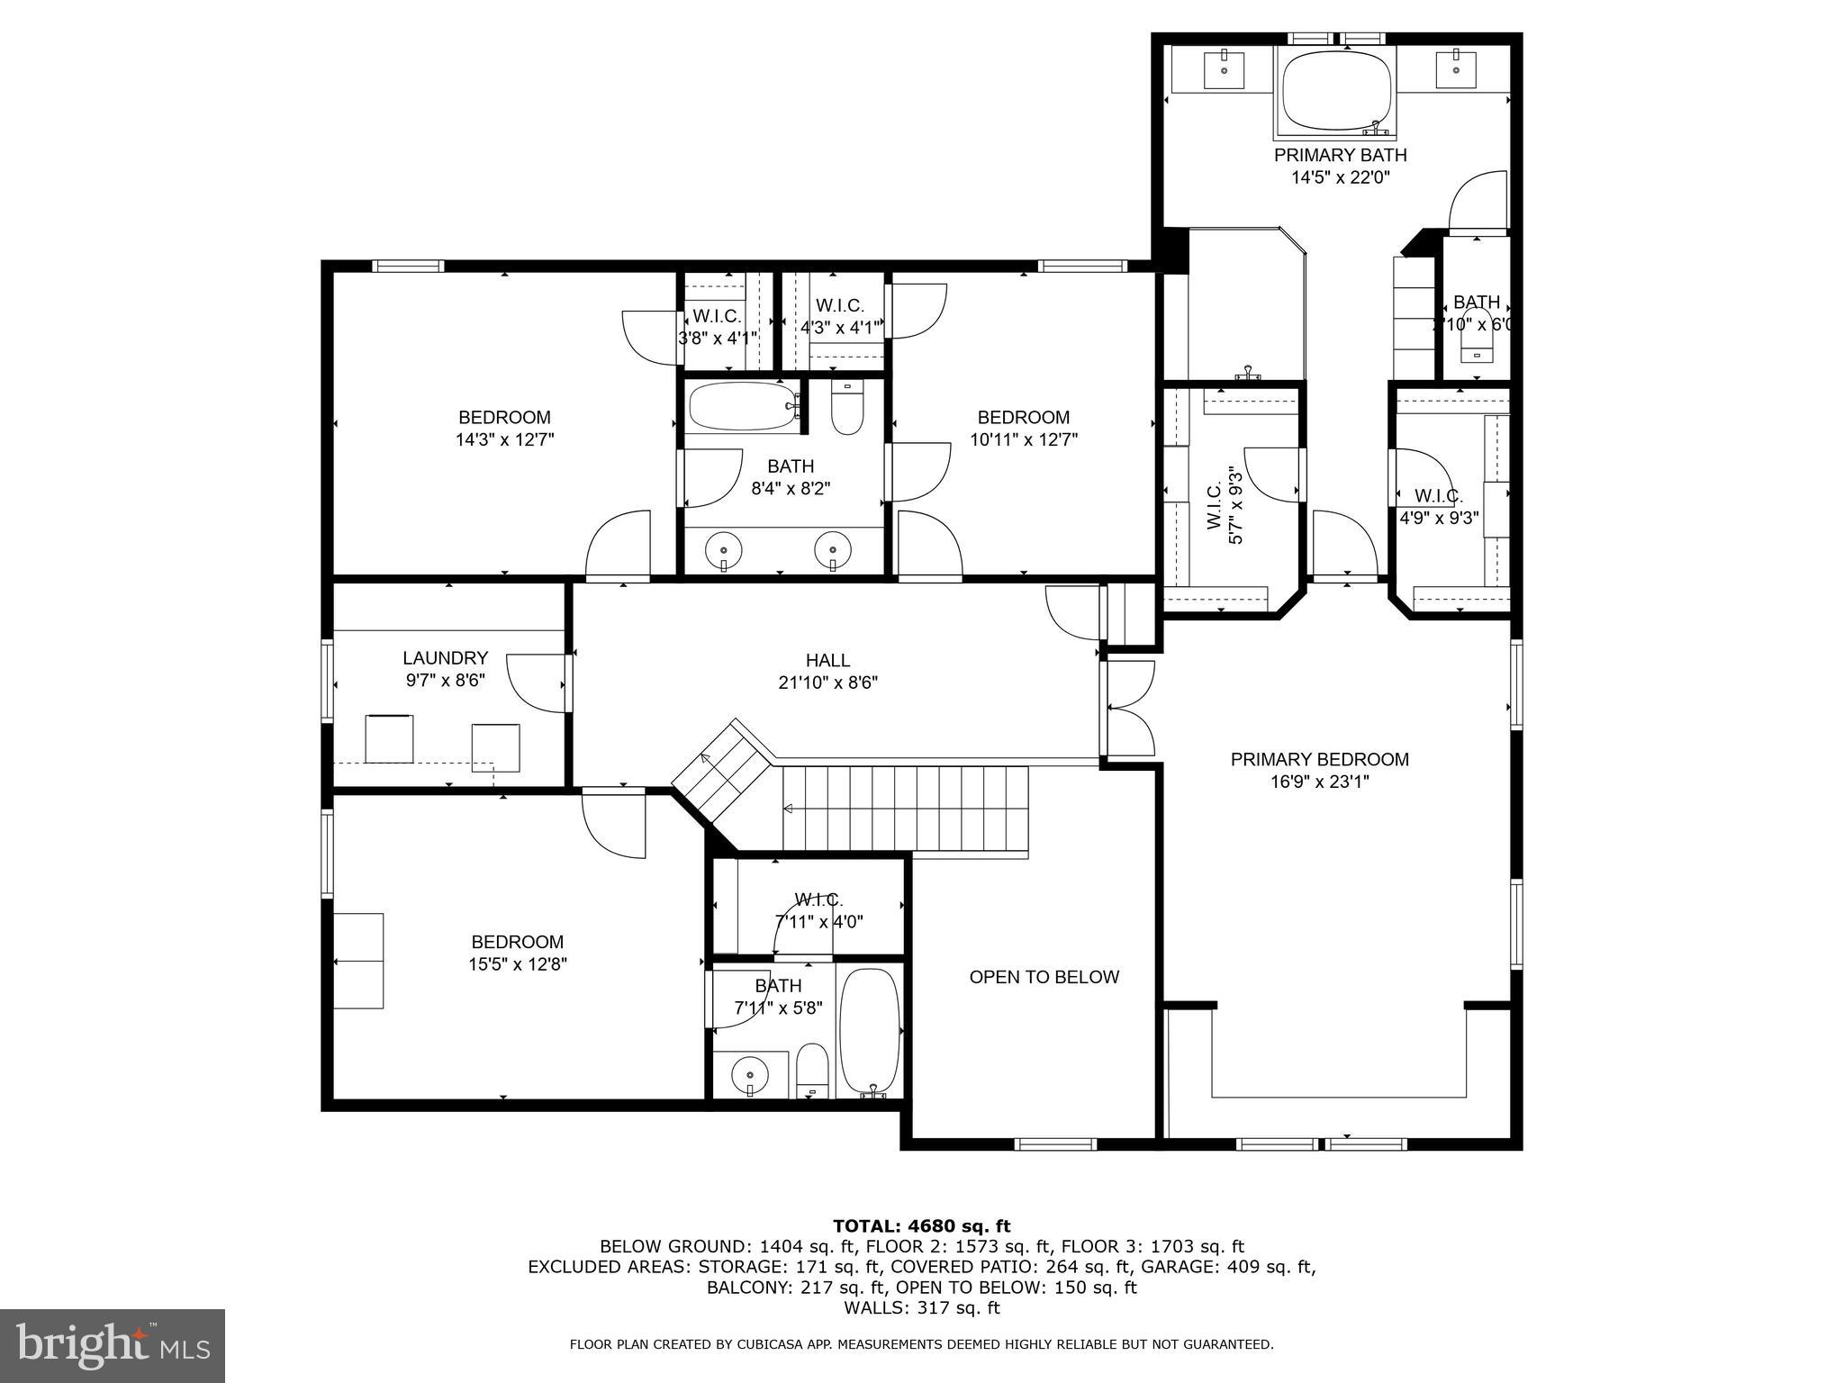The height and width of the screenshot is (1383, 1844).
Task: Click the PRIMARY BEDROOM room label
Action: point(1319,759)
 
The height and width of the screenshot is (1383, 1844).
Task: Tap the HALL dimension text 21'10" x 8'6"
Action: point(827,683)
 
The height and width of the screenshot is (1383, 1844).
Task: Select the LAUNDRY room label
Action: point(445,658)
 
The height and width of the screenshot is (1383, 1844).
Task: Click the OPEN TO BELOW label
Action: point(1044,977)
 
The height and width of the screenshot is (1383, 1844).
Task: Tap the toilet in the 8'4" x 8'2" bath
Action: point(847,411)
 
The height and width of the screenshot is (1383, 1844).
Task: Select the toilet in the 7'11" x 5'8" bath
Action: point(812,1072)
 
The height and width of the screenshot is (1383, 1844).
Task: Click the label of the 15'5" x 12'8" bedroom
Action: point(518,942)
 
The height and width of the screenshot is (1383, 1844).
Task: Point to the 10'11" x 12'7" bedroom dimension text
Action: point(1024,440)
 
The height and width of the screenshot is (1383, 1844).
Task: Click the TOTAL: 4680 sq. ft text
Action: point(921,1226)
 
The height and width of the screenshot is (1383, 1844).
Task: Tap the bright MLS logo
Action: point(113,1346)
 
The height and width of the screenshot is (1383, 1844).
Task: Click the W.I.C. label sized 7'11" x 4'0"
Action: point(818,900)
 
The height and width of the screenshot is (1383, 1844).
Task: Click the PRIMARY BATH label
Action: point(1340,155)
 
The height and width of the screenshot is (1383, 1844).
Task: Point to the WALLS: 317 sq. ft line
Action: point(921,1307)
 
